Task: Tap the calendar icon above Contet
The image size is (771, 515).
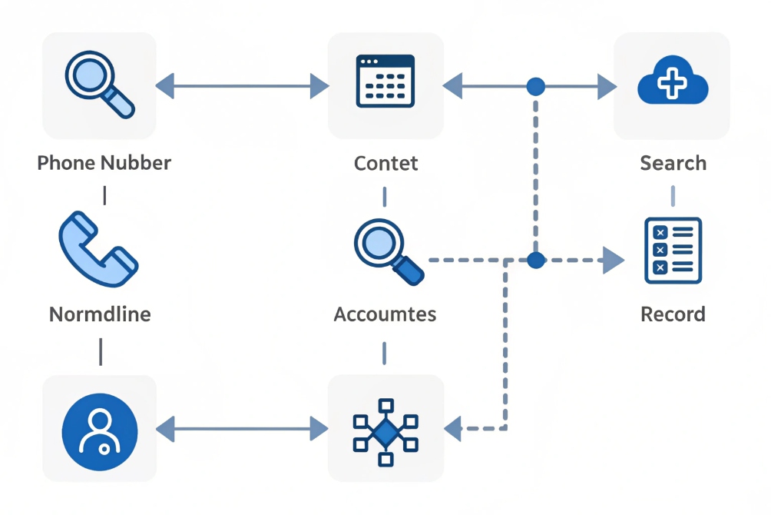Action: coord(385,81)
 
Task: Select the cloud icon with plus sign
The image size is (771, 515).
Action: coord(672,81)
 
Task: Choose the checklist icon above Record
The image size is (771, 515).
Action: coord(672,250)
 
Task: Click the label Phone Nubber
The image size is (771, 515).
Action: coord(104,163)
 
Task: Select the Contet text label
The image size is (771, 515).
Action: coord(385,163)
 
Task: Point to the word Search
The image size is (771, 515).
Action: coord(673,163)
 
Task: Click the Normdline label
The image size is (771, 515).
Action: coord(100,314)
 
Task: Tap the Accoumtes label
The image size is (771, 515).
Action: coord(385,314)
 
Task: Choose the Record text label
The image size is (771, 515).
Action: coord(673,314)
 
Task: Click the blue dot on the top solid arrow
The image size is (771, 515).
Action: coord(535,86)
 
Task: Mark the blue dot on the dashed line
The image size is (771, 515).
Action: coord(535,261)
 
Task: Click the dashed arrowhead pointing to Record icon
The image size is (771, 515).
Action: coord(612,261)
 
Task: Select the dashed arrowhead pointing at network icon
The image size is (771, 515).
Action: coord(453,428)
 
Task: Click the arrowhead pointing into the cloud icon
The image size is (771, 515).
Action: coord(607,86)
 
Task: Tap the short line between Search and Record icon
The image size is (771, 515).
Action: coord(673,195)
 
